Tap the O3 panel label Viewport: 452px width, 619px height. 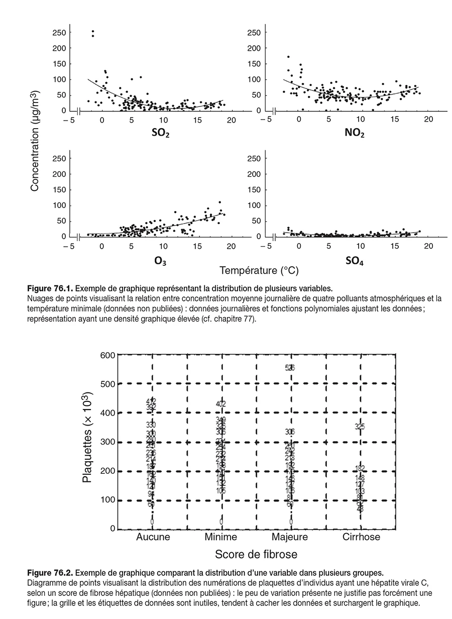coord(161,261)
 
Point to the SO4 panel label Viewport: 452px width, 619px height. coord(355,261)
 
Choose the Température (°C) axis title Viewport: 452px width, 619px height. coord(259,271)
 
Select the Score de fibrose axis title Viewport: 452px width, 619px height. coord(256,554)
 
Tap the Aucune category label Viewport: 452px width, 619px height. coord(153,537)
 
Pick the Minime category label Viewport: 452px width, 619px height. coord(221,537)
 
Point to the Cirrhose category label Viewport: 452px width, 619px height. coord(361,537)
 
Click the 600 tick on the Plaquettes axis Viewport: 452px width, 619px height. coord(109,355)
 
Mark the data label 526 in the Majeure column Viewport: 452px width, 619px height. coord(290,368)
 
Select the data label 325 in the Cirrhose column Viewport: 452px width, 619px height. coord(360,427)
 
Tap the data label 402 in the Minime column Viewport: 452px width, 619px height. coord(221,403)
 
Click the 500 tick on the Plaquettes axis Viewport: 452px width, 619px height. coord(109,384)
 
